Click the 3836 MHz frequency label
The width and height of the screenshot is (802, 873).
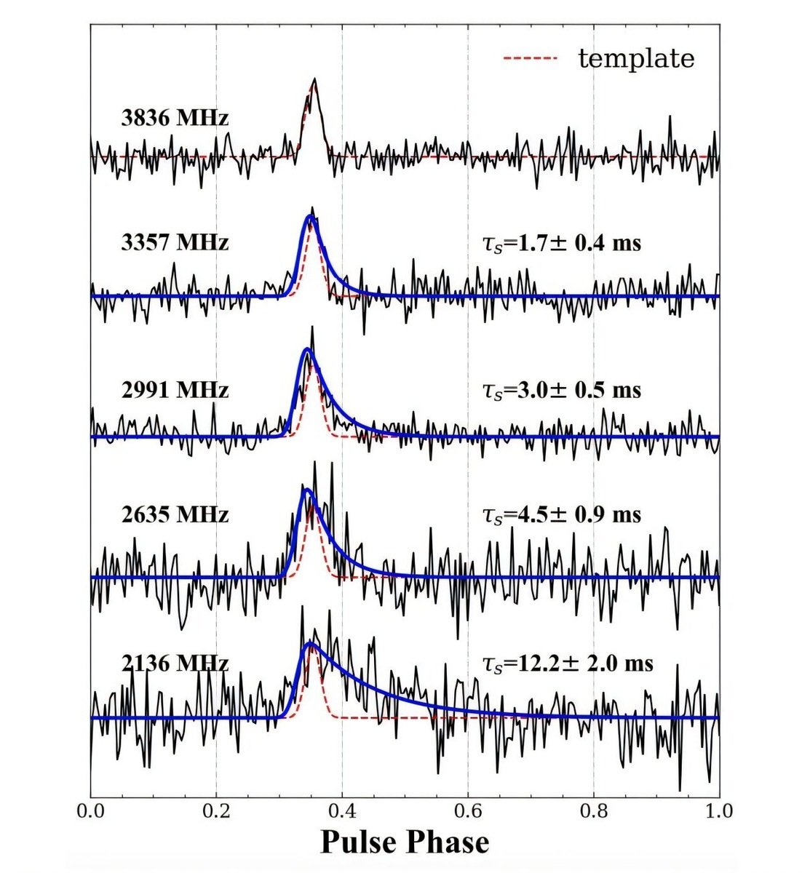click(x=175, y=117)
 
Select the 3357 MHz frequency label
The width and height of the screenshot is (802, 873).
click(x=175, y=242)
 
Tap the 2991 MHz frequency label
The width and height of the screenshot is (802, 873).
click(x=175, y=390)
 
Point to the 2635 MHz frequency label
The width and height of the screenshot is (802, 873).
click(x=175, y=514)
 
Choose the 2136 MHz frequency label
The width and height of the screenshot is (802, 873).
click(x=175, y=663)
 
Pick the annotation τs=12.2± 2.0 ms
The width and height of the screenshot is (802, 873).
click(x=568, y=663)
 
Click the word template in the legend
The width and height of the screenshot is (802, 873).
click(x=636, y=58)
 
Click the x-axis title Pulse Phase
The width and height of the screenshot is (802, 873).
click(x=405, y=842)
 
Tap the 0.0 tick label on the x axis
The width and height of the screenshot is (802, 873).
click(x=91, y=810)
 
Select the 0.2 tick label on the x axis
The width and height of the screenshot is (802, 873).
click(x=216, y=810)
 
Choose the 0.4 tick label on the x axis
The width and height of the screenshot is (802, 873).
click(x=342, y=810)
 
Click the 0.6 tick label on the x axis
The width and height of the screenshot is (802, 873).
click(x=468, y=810)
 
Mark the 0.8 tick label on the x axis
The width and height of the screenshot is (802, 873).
click(x=594, y=810)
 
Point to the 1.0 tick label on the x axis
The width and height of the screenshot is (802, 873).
click(x=718, y=810)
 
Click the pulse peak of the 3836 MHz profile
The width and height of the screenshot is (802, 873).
click(x=314, y=80)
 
